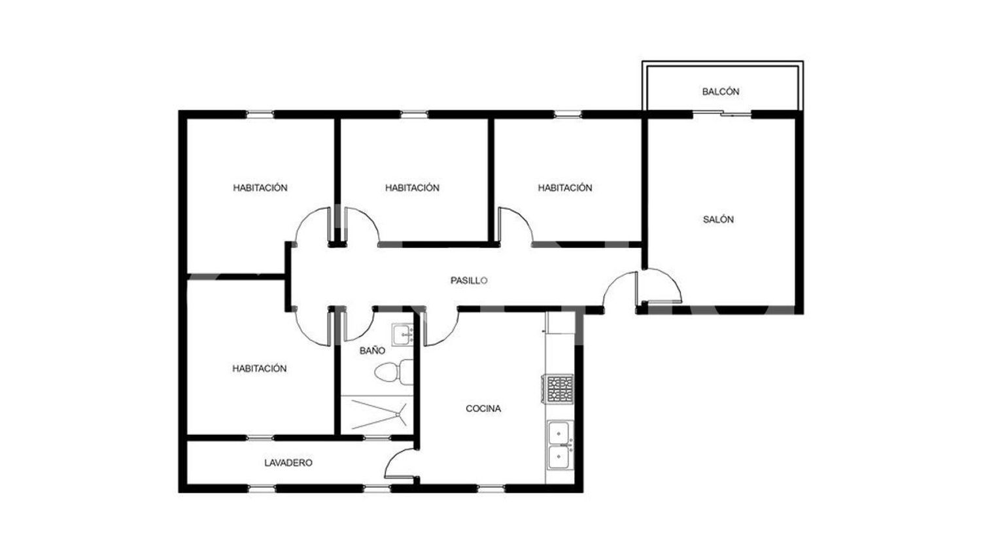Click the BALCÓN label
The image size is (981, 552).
(x=721, y=92)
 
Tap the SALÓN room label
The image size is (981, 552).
(x=718, y=220)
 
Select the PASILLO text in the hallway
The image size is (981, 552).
(x=469, y=281)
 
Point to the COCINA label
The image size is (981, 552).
(x=483, y=409)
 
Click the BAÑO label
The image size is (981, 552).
(x=372, y=351)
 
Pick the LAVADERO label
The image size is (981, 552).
(x=288, y=462)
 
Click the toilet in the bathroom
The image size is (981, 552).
(x=394, y=372)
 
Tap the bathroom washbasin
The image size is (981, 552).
(x=403, y=335)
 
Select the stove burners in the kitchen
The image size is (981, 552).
(x=560, y=388)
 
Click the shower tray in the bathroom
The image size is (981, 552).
(x=377, y=415)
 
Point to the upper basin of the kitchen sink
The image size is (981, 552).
(x=560, y=432)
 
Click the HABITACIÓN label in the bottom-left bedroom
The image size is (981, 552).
(x=259, y=368)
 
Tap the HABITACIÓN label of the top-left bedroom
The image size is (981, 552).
(x=260, y=188)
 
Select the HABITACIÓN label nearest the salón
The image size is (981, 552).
(x=565, y=188)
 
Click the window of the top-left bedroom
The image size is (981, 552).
(x=260, y=114)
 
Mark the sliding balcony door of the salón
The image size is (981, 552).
(x=722, y=114)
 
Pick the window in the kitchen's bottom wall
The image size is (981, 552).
(x=490, y=488)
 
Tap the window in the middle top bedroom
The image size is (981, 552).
(x=414, y=114)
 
